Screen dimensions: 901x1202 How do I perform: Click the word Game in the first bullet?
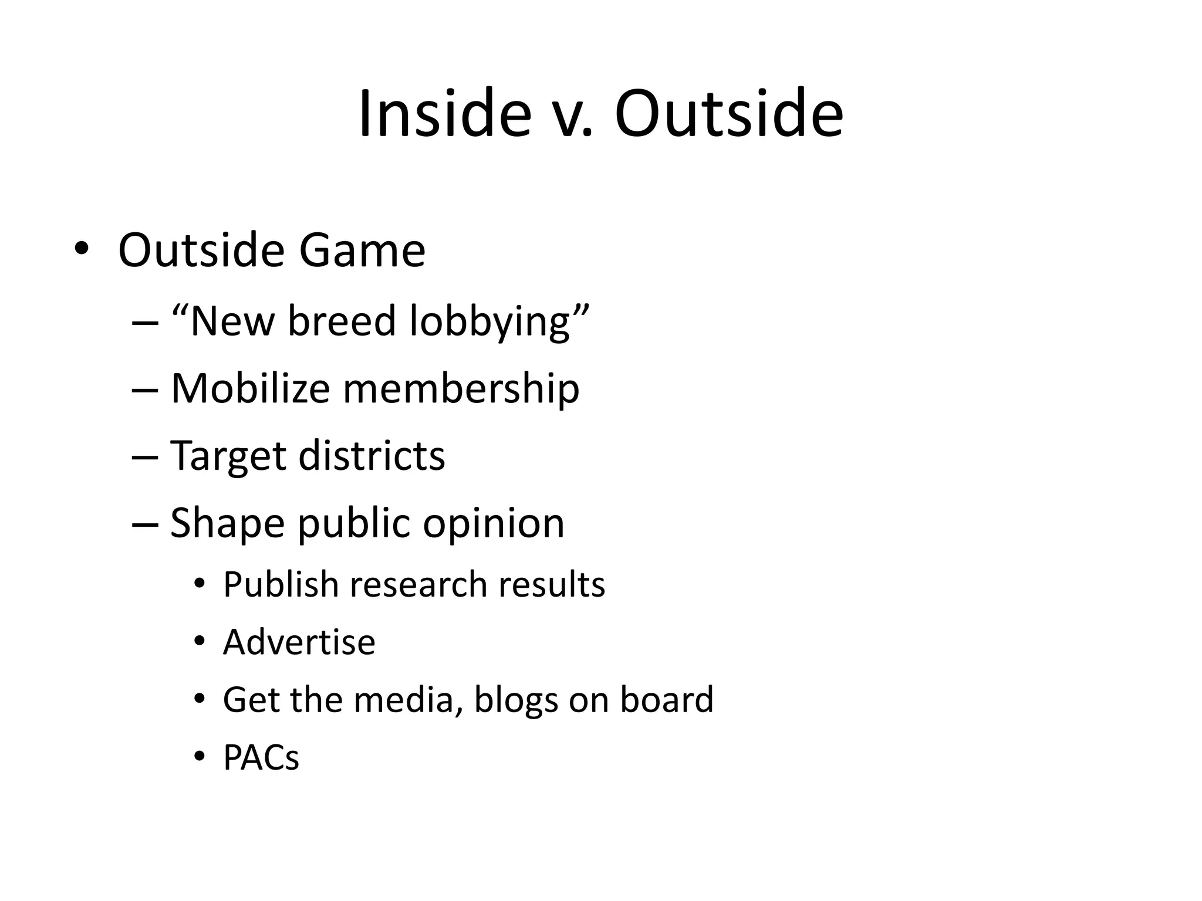(x=362, y=250)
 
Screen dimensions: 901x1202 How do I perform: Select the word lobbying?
(x=490, y=323)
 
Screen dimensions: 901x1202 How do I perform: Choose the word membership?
(x=461, y=389)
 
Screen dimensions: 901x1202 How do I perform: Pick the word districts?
(x=372, y=455)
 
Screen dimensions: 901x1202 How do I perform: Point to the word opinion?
(x=494, y=523)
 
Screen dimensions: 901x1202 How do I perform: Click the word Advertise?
(x=299, y=642)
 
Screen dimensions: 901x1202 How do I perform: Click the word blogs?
(x=516, y=700)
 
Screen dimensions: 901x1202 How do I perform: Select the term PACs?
(x=261, y=757)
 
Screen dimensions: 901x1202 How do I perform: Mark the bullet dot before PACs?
(x=200, y=757)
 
